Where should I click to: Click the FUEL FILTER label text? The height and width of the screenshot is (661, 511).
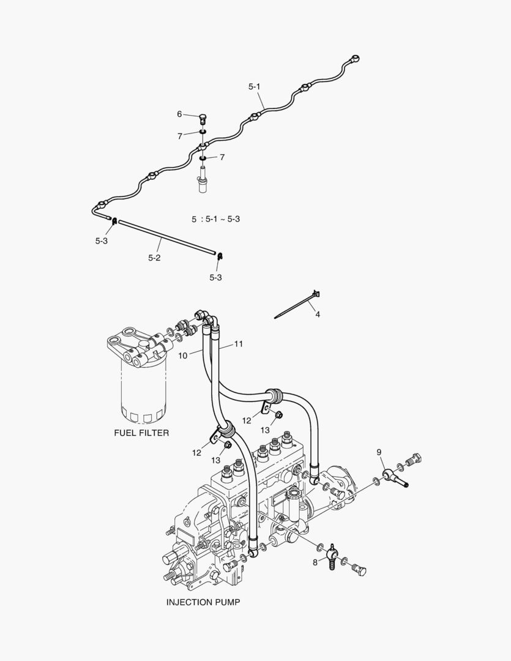pyautogui.click(x=141, y=433)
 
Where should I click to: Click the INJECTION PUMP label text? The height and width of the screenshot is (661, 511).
pyautogui.click(x=203, y=602)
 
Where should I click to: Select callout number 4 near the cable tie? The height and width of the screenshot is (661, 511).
pyautogui.click(x=318, y=314)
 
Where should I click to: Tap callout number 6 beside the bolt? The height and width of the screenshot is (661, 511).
pyautogui.click(x=180, y=114)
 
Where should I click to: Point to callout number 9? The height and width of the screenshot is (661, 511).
pyautogui.click(x=379, y=452)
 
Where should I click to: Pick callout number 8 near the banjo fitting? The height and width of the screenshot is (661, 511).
pyautogui.click(x=315, y=562)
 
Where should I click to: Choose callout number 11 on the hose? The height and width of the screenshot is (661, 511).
pyautogui.click(x=239, y=344)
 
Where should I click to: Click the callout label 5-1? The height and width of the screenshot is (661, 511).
pyautogui.click(x=255, y=87)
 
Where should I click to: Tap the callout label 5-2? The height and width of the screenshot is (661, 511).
pyautogui.click(x=154, y=258)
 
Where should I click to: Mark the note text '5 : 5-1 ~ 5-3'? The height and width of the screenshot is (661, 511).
pyautogui.click(x=215, y=218)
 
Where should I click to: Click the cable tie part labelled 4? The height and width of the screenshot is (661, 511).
pyautogui.click(x=297, y=305)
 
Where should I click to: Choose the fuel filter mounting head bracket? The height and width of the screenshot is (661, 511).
pyautogui.click(x=133, y=346)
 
